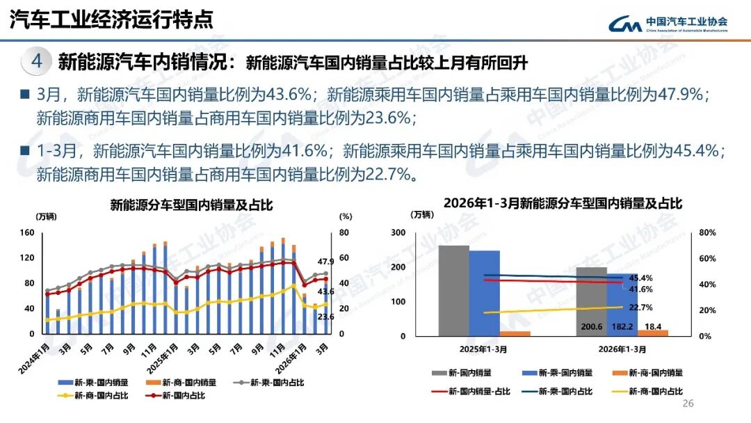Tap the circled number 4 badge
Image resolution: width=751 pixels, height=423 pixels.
click(37, 62)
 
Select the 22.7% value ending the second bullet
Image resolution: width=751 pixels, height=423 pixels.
click(389, 174)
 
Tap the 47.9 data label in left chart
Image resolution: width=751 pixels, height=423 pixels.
click(326, 262)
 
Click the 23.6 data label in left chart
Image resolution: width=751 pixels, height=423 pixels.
click(326, 317)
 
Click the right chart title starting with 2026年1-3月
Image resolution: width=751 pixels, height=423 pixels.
click(563, 204)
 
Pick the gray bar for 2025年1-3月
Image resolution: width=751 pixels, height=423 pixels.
click(453, 290)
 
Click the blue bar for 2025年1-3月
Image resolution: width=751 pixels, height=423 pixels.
click(484, 293)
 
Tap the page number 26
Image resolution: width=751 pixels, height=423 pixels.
click(689, 404)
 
